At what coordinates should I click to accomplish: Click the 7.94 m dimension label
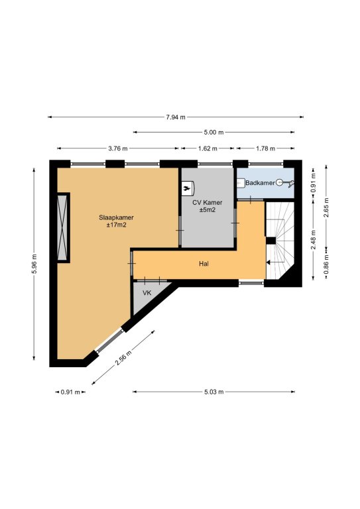click(176, 117)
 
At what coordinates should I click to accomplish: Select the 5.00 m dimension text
click(214, 132)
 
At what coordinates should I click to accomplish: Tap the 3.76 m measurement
click(118, 148)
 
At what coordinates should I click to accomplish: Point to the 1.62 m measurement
click(208, 148)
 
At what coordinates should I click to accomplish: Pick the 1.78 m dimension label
click(265, 148)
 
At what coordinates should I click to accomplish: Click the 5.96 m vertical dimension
click(34, 264)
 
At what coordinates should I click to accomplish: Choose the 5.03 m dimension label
click(214, 392)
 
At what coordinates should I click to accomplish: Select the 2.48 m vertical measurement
click(313, 240)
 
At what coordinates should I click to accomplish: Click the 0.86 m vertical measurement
click(326, 263)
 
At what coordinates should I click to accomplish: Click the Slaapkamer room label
click(116, 217)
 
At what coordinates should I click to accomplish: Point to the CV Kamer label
click(208, 203)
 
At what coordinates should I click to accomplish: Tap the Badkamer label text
click(260, 183)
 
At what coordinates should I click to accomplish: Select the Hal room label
click(204, 264)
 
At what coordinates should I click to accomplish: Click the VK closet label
click(147, 293)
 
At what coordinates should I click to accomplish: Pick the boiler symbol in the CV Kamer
click(188, 189)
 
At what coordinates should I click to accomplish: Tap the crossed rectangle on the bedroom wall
click(62, 227)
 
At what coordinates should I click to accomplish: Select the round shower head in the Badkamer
click(280, 183)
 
